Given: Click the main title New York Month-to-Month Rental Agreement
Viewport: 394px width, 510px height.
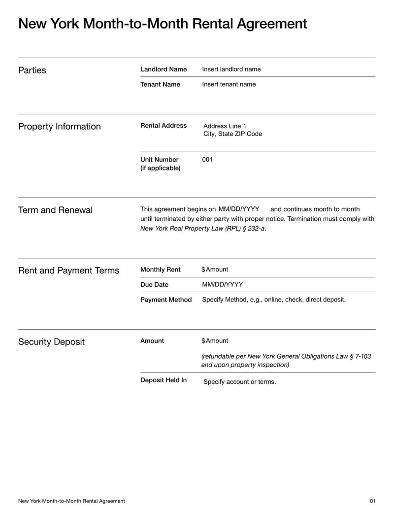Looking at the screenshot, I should click(163, 24).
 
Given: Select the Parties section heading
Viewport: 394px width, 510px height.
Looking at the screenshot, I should click(32, 70).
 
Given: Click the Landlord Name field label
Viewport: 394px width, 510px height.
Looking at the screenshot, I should click(164, 69).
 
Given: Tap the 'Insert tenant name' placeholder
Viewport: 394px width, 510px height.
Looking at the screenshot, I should click(229, 84).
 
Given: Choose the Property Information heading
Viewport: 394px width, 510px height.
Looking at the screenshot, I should click(59, 127).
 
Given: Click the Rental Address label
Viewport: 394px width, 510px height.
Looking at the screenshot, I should click(164, 126).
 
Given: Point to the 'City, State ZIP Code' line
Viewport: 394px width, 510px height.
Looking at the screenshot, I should click(232, 134).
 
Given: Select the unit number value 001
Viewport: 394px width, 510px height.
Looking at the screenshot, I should click(207, 160).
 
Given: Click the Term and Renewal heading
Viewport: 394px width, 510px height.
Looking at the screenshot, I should click(55, 210).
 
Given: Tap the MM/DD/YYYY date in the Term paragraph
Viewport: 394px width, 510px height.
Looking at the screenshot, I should click(239, 209).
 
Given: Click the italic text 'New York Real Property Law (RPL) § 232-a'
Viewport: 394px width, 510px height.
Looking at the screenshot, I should click(203, 228).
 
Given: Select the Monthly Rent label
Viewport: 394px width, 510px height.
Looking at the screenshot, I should click(161, 270).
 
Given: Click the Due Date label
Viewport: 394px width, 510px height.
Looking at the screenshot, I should click(154, 284).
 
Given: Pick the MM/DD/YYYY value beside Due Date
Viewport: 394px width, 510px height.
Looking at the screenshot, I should click(223, 284).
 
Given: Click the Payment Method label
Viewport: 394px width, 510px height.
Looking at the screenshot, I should click(166, 300).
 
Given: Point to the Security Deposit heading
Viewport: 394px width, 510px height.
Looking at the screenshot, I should click(51, 342).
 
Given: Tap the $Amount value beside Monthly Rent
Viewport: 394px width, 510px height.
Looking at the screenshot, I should click(215, 270).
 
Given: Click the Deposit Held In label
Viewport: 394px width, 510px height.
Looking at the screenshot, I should click(164, 380).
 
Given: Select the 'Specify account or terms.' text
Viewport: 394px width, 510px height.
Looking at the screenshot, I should click(239, 382).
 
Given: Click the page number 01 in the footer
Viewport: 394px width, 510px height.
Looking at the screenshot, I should click(372, 501).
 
